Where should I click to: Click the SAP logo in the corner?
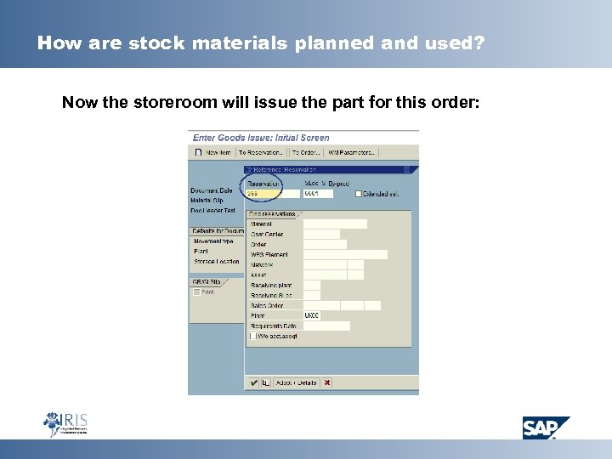[x=546, y=427]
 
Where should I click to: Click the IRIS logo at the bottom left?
[x=65, y=423]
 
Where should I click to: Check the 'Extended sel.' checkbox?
[x=359, y=194]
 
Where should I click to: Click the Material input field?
[x=335, y=224]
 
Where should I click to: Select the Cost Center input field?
[x=321, y=235]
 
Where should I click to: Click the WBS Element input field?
[x=344, y=255]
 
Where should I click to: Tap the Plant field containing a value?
[x=312, y=315]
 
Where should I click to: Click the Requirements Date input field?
[x=326, y=326]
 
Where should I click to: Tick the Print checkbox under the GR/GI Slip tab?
[x=197, y=292]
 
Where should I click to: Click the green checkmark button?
[x=254, y=382]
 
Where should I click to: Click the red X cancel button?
[x=327, y=382]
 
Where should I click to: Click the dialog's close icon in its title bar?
[x=408, y=169]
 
